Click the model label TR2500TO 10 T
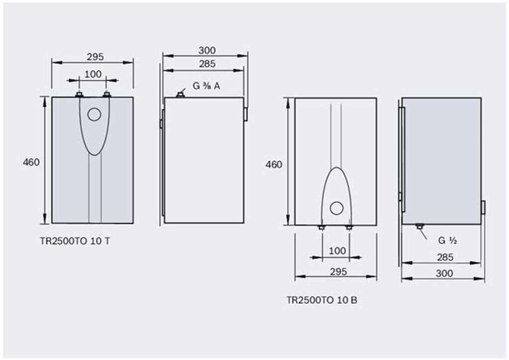click(75, 241)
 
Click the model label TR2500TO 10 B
click(322, 300)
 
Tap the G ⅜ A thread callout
click(206, 86)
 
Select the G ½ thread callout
click(447, 241)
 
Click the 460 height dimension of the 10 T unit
click(31, 162)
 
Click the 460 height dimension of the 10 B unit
click(274, 165)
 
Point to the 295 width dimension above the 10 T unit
click(95, 57)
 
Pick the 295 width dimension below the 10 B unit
click(338, 271)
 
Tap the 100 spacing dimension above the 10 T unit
click(93, 75)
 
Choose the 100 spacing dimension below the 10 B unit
click(338, 251)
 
